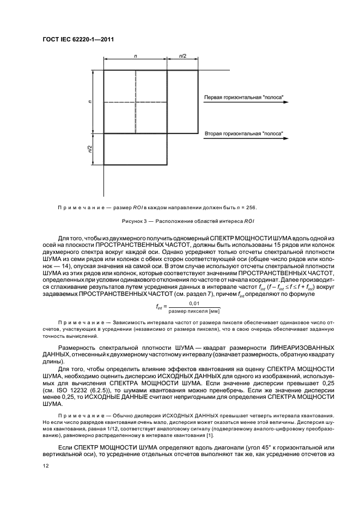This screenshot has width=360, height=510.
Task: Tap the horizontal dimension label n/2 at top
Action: point(182,56)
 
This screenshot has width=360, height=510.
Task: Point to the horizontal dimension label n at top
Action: point(135,56)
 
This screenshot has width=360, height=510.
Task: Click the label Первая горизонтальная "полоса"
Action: point(243,99)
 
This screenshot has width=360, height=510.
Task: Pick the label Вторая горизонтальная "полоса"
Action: point(243,133)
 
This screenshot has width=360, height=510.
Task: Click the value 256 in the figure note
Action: point(251,207)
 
